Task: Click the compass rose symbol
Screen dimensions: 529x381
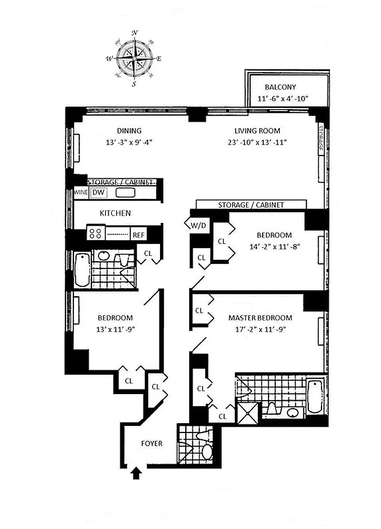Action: click(x=135, y=59)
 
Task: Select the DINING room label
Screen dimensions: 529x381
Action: click(x=129, y=130)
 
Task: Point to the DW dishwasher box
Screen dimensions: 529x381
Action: click(x=98, y=192)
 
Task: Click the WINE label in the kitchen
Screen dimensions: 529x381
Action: click(x=81, y=192)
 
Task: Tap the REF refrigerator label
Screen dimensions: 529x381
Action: click(x=138, y=234)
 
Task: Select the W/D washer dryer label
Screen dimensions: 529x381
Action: click(x=198, y=225)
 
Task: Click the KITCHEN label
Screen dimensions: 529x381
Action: click(x=115, y=213)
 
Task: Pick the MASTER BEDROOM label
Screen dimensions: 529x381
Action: click(x=260, y=318)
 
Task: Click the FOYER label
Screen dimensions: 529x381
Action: click(x=152, y=444)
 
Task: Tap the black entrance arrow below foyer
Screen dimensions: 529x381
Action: click(x=138, y=473)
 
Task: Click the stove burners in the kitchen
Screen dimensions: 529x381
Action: click(x=95, y=233)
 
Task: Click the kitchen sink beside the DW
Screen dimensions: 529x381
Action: click(x=126, y=193)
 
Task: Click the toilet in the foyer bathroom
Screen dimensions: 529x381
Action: click(x=206, y=451)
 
